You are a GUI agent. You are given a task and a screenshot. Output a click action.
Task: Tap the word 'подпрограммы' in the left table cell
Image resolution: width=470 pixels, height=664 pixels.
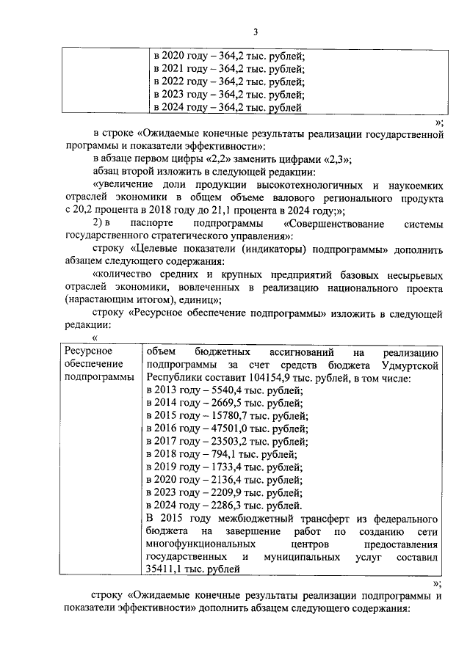coord(98,377)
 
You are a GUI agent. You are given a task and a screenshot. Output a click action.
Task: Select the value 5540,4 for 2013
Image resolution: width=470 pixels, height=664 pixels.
coord(225,390)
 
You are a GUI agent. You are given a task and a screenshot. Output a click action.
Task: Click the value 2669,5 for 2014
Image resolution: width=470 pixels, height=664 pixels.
coord(225,404)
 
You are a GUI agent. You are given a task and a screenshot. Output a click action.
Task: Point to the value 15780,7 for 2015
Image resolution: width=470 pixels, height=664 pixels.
coord(228,417)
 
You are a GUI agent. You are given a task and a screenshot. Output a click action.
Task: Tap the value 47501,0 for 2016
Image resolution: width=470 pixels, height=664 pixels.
coord(228,429)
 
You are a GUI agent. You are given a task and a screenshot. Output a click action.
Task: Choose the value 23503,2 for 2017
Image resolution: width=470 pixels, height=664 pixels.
coord(228,442)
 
